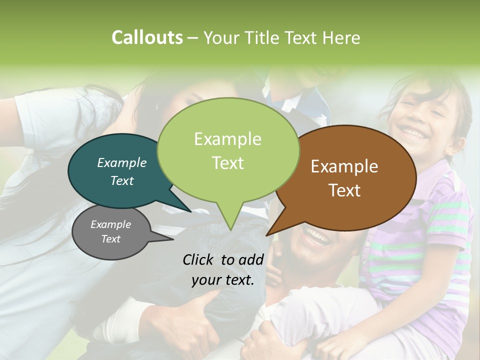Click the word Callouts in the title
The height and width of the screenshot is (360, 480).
147,37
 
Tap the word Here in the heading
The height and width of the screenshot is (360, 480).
341,38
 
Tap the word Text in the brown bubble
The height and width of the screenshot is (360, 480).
345,190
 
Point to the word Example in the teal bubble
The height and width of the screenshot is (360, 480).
122,162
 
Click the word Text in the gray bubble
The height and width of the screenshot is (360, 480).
111,239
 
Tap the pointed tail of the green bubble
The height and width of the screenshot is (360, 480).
230,227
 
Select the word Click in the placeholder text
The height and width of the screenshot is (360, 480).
199,259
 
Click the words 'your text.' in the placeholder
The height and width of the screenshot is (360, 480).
223,280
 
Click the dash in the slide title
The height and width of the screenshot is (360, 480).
193,38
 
